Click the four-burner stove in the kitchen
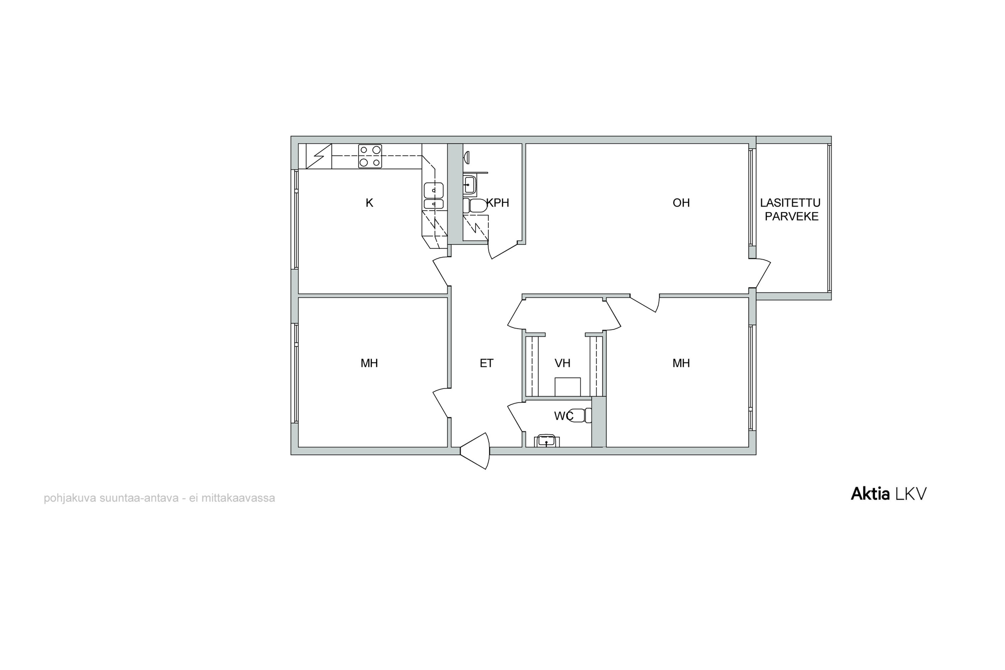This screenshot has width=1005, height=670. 370,156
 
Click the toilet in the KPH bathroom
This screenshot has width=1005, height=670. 475,206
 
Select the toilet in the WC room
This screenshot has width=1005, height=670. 580,415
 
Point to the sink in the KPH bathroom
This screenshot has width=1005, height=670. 470,185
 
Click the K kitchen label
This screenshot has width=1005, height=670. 370,203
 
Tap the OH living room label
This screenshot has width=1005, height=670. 681,203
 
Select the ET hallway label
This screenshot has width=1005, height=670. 487,363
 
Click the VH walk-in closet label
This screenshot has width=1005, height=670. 562,363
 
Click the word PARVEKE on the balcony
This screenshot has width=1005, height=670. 791,217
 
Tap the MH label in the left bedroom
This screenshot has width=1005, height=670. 369,363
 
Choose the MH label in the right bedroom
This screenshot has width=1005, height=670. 681,363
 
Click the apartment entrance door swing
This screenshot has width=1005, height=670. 475,451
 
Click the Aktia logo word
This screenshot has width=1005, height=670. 870,494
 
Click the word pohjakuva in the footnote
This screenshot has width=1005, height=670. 70,498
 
